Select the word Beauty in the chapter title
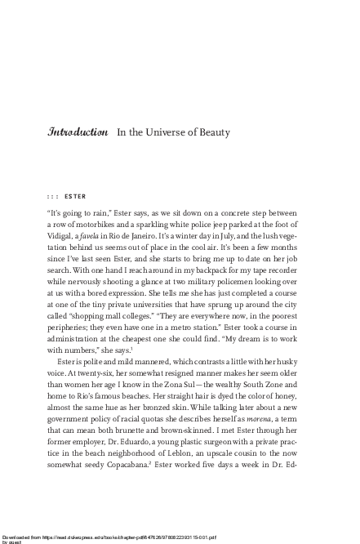coord(210,132)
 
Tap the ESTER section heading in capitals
coord(74,196)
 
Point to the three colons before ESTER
coord(52,196)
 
